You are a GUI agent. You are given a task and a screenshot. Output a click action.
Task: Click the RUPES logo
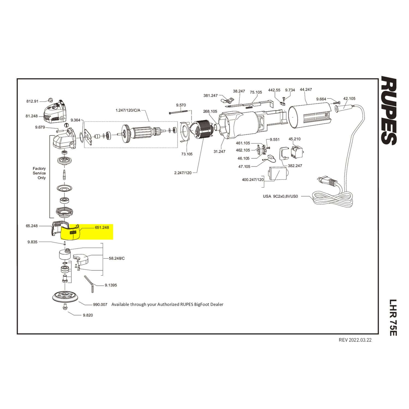tap(389, 110)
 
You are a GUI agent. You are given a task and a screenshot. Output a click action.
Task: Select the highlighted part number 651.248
tap(102, 227)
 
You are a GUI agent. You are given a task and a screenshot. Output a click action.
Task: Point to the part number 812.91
tap(32, 101)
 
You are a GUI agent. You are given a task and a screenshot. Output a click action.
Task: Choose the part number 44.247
tap(306, 89)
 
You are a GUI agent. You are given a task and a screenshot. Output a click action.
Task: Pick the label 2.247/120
tap(183, 173)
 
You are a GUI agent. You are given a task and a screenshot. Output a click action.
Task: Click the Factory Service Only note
tap(39, 173)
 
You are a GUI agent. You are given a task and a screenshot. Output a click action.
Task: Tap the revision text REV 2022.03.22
tap(355, 340)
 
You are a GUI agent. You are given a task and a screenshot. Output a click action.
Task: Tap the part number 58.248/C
tap(117, 258)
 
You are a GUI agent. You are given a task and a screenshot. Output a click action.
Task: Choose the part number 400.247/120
tap(253, 180)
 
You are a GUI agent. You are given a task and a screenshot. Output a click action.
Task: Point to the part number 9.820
tap(88, 315)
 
